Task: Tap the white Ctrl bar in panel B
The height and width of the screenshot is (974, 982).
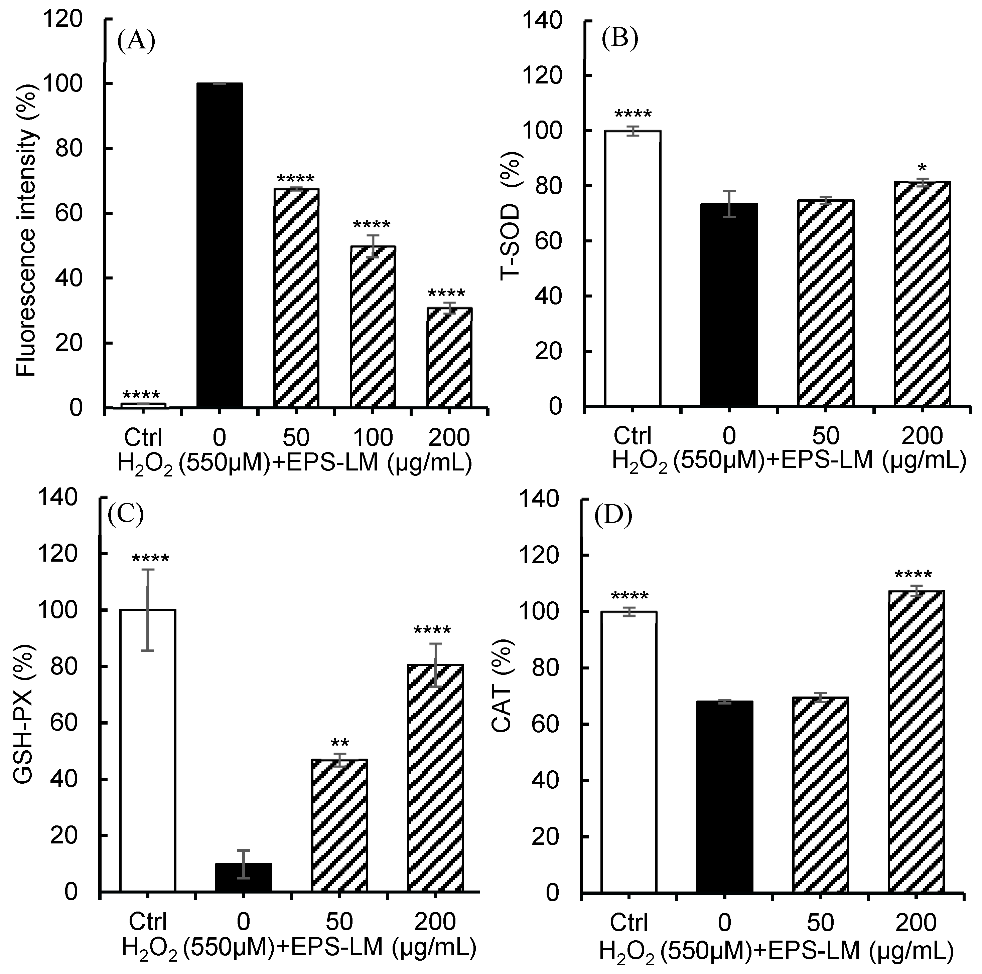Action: click(632, 268)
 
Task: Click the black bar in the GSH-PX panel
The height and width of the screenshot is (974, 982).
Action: click(244, 877)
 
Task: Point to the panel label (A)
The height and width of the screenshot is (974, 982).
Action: click(136, 41)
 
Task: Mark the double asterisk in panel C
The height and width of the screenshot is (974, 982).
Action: click(339, 743)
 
